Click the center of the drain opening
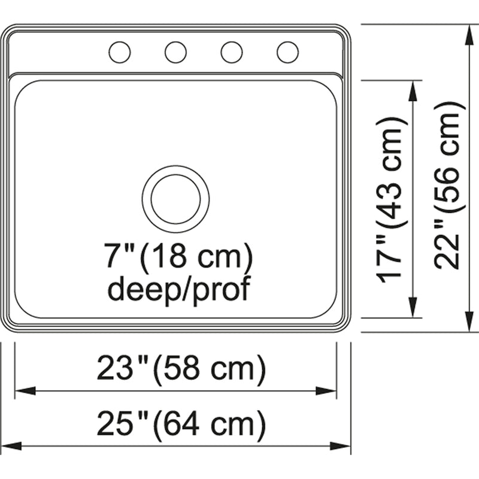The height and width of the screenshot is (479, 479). (x=175, y=199)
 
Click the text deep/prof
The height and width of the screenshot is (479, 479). (x=179, y=288)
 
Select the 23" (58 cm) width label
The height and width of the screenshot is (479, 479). (x=181, y=368)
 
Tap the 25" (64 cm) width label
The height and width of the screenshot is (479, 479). (x=181, y=424)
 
